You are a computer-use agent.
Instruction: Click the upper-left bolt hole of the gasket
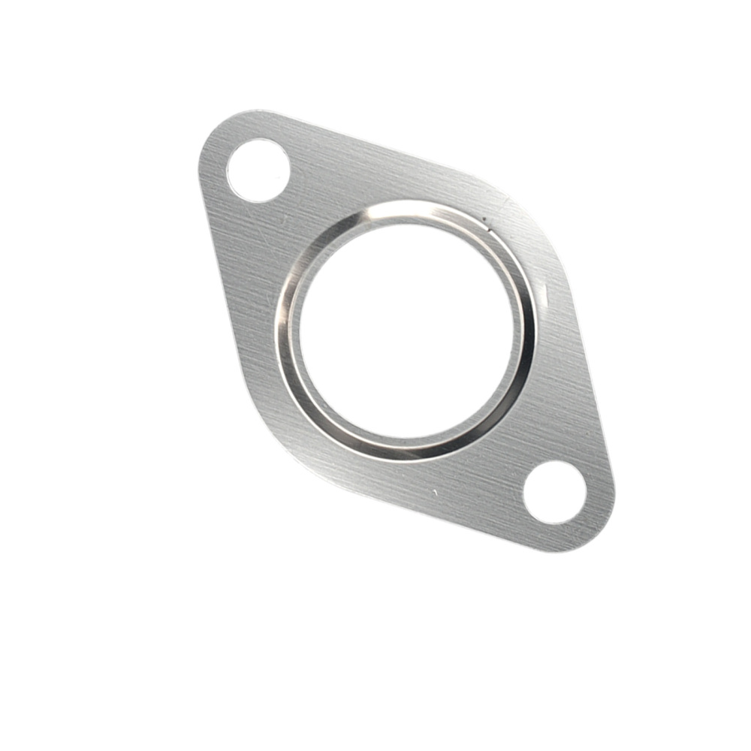[x=258, y=170]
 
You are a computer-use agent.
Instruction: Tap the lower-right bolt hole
[x=554, y=492]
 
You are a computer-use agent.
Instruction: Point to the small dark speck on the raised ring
[x=486, y=221]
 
